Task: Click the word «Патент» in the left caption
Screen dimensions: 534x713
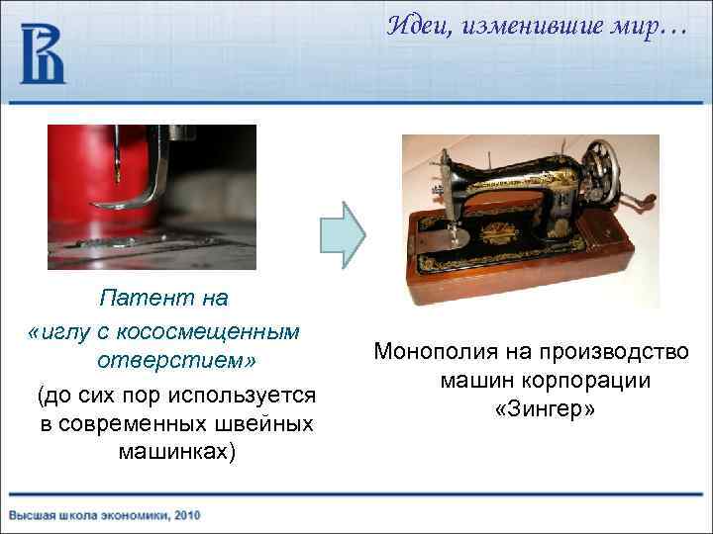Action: point(135,297)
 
